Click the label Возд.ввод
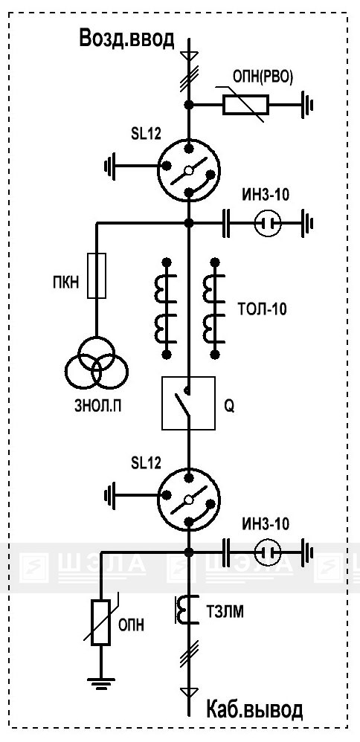pos(127,39)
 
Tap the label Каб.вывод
pos(254,710)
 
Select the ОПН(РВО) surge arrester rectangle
pos(246,105)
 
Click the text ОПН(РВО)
pos(263,77)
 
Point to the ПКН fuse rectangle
pos(97,275)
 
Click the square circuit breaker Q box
pos(188,403)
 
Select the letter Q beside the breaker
pos(229,407)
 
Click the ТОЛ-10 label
pos(261,310)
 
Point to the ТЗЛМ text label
pos(225,612)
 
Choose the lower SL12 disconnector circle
pos(188,500)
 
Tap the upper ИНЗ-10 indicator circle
pos(268,222)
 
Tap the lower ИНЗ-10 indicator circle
pos(268,552)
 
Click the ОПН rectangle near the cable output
pos(101,622)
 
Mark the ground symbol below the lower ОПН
pos(101,683)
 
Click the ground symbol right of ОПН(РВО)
pos(307,105)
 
